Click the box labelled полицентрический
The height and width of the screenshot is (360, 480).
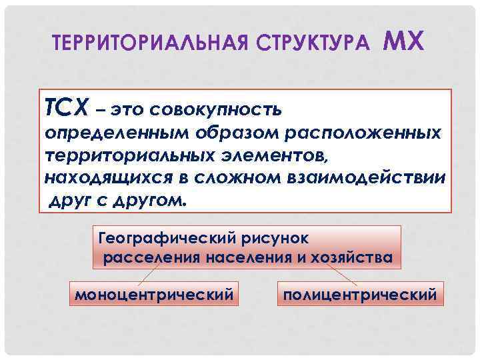point(360,293)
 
